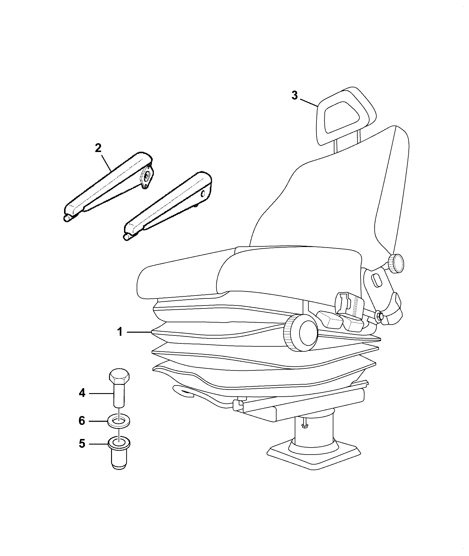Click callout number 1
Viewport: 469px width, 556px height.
point(120,332)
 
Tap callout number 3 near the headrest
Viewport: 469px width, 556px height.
point(294,96)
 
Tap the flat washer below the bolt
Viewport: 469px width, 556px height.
point(119,421)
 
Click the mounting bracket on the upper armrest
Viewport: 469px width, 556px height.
point(146,177)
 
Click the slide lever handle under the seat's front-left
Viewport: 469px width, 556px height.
point(184,391)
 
